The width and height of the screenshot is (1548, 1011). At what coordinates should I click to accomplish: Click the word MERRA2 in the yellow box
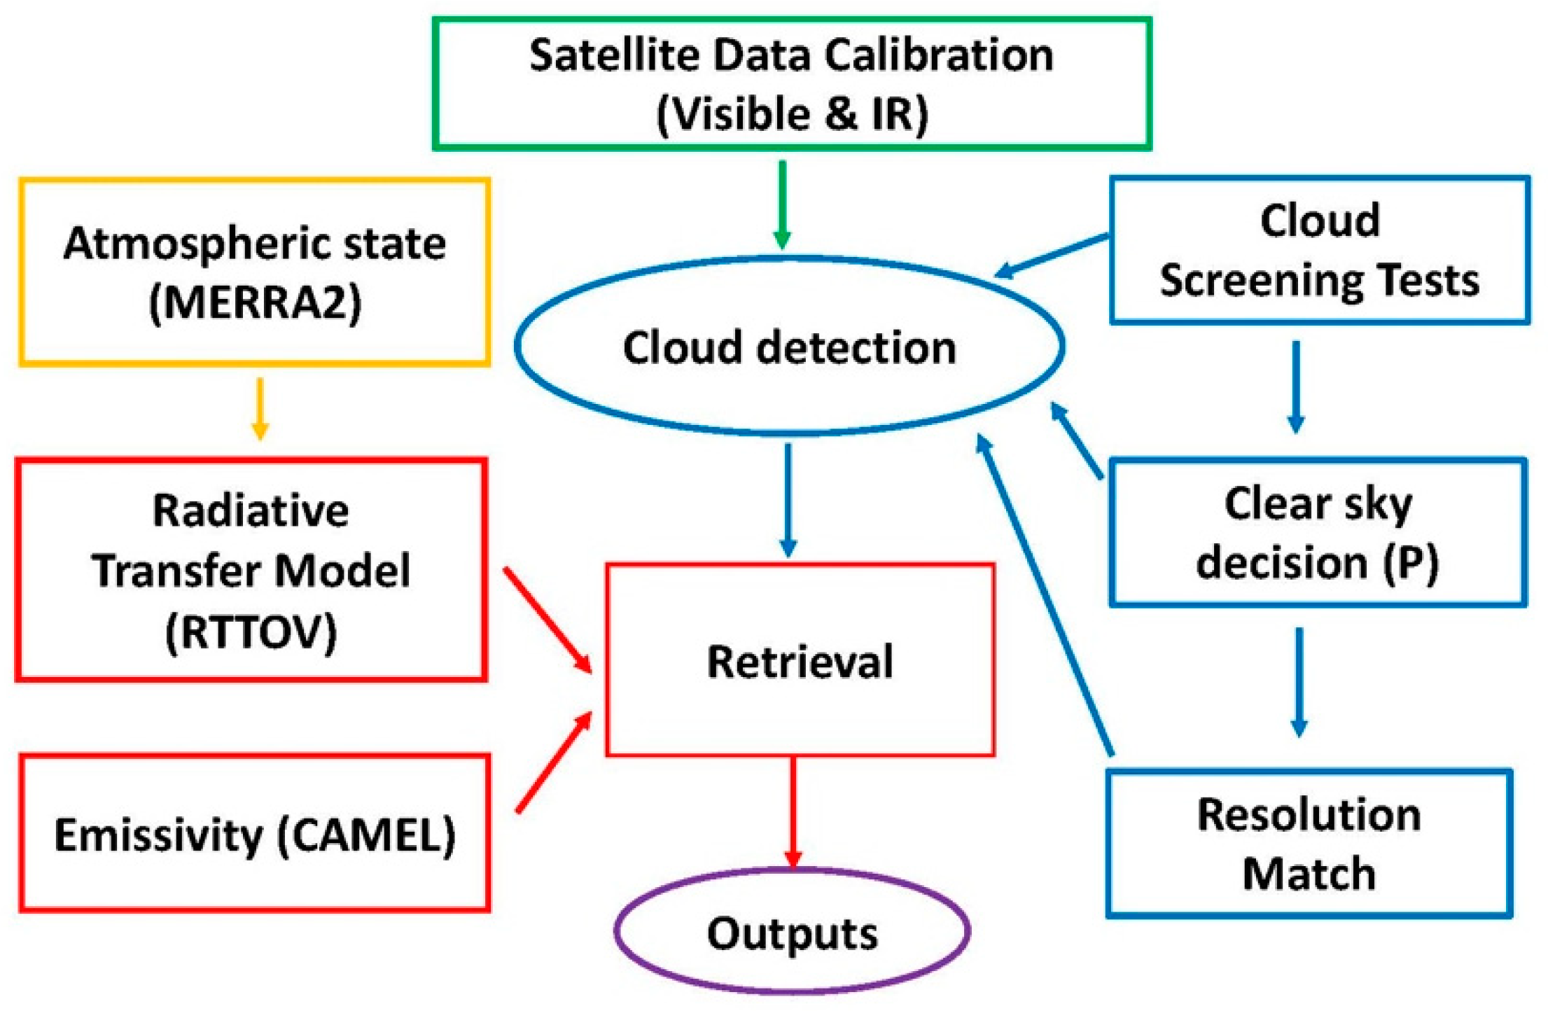(256, 303)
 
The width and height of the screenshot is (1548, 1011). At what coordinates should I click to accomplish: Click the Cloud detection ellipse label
(789, 348)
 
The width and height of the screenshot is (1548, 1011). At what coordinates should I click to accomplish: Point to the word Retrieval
(800, 662)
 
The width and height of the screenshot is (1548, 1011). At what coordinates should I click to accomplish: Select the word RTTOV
(251, 632)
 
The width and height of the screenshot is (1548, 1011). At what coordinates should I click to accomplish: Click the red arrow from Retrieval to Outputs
(793, 812)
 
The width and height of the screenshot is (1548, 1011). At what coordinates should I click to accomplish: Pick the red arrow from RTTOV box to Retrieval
(548, 620)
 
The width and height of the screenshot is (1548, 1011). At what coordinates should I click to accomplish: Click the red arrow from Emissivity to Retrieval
(553, 763)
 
